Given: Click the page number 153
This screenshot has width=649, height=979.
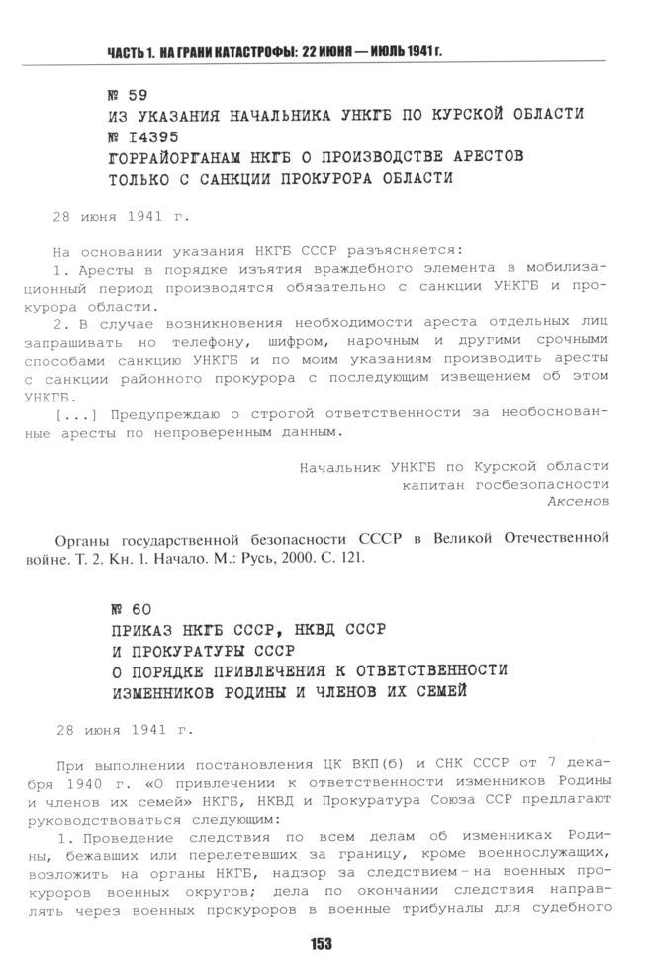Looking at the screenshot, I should point(320,944).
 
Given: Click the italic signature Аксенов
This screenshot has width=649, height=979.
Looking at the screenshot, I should point(578,501).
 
